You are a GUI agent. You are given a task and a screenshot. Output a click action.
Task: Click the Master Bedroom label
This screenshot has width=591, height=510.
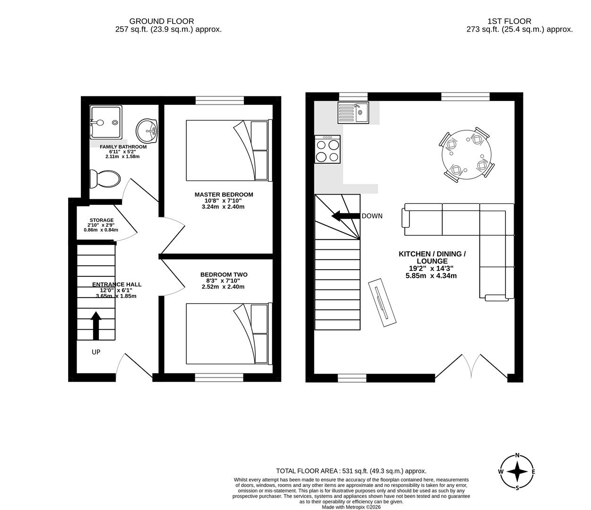224,195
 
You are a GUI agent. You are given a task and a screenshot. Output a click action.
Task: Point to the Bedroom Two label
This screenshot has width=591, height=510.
224,275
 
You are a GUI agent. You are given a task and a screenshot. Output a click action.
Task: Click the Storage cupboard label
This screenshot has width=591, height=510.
101,221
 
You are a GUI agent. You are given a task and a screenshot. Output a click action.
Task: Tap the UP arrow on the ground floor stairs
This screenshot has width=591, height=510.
96,325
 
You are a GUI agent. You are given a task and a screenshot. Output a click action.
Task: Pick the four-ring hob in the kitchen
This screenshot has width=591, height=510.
328,150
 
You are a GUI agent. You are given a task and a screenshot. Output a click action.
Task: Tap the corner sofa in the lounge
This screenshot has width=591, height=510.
492,236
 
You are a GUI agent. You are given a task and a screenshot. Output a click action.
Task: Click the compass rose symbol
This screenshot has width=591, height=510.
517,472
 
